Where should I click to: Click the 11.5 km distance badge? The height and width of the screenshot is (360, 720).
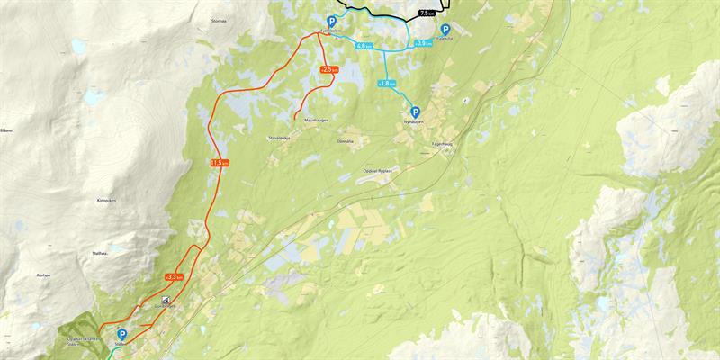220,163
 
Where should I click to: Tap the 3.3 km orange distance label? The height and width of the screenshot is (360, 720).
175,276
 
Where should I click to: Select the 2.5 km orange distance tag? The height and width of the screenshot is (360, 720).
329,69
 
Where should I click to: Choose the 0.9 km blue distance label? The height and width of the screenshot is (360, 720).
424,43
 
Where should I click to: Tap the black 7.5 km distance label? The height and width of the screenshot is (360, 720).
427,13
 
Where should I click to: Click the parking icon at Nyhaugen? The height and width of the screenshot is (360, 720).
416,112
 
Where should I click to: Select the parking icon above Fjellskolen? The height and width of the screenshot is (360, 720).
331,22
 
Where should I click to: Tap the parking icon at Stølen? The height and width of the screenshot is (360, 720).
121,334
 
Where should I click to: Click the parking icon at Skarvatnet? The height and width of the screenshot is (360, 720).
445,29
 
